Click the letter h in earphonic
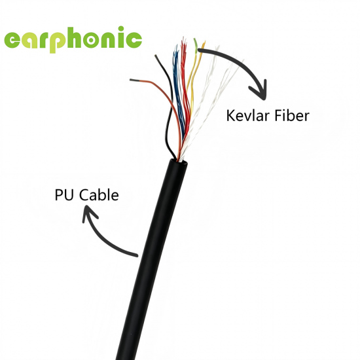click(75, 37)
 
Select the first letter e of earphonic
click(12, 40)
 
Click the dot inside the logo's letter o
click(91, 40)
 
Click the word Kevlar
click(248, 115)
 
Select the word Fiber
click(292, 115)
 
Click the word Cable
click(99, 194)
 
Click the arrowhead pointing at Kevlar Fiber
click(259, 91)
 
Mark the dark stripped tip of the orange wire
click(134, 80)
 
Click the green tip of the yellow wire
click(196, 44)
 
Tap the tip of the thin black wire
click(156, 56)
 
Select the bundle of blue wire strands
click(178, 92)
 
